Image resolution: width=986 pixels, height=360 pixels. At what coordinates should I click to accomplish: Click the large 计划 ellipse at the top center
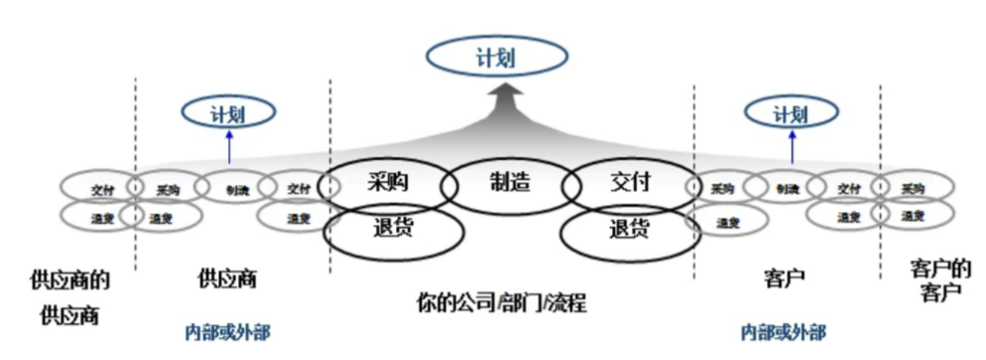pos(493,58)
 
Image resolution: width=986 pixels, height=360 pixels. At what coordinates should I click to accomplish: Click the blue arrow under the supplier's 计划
pos(227,148)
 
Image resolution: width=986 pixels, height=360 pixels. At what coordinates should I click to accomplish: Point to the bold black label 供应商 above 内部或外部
pos(228,279)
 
